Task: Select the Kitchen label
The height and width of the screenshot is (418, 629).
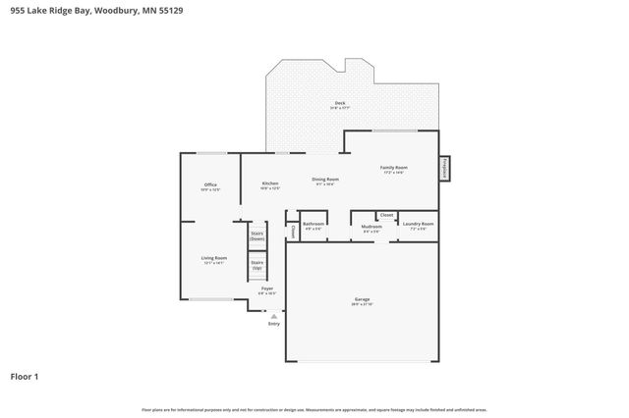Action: pyautogui.click(x=270, y=185)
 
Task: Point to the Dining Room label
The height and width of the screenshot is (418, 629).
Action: pyautogui.click(x=325, y=181)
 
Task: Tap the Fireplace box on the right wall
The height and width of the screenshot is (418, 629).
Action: pyautogui.click(x=445, y=169)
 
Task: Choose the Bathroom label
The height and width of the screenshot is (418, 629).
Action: pyautogui.click(x=314, y=225)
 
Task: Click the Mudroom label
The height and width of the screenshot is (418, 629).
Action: pyautogui.click(x=371, y=227)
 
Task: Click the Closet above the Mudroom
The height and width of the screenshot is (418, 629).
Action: pyautogui.click(x=386, y=214)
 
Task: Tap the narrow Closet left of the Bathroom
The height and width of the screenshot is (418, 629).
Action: pyautogui.click(x=293, y=232)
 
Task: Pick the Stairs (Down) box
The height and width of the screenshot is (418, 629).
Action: pyautogui.click(x=257, y=235)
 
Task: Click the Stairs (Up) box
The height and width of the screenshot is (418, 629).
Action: pyautogui.click(x=257, y=264)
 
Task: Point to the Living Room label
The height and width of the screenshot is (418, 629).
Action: pyautogui.click(x=213, y=260)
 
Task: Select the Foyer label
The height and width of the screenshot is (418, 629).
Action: pyautogui.click(x=266, y=290)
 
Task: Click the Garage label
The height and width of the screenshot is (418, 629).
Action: pyautogui.click(x=362, y=301)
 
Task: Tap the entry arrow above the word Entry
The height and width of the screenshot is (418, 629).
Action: pyautogui.click(x=273, y=315)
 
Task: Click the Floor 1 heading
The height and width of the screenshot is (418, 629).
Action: pyautogui.click(x=27, y=376)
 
